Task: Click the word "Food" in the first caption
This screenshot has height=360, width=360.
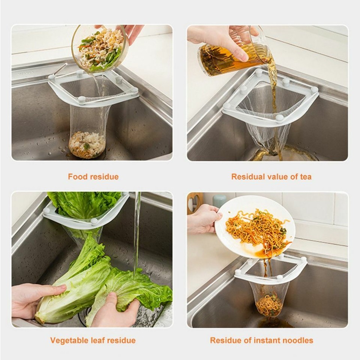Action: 78,177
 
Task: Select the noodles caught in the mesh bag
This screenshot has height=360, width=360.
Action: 269,305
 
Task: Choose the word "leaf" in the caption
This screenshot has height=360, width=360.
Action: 98,340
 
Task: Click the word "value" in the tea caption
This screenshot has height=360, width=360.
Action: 277,177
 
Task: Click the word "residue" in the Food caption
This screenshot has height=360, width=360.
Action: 105,177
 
